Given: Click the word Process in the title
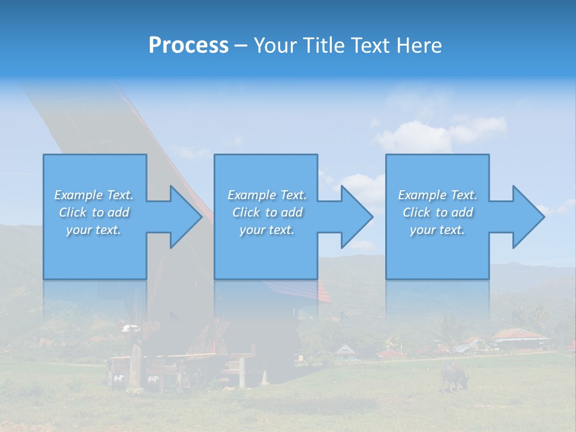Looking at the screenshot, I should [x=188, y=45].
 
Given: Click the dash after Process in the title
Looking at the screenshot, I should [x=241, y=46].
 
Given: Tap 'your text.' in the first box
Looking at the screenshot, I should [x=94, y=230].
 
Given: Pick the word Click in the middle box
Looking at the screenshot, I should [x=246, y=212].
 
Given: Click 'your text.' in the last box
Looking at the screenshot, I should [x=437, y=230].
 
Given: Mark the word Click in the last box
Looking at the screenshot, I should [x=416, y=212].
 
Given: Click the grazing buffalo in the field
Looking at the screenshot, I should [x=454, y=375].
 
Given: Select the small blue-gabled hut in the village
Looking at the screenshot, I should [x=344, y=350].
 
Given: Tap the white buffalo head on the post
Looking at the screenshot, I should [x=130, y=328].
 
